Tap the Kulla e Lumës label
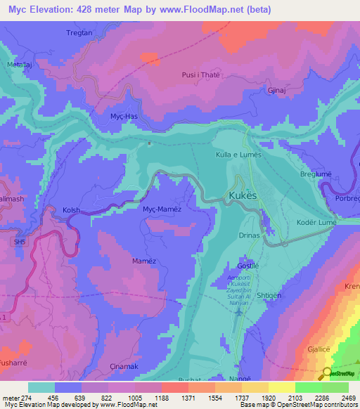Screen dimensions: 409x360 coord(238,154)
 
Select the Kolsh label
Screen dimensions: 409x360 coord(72,210)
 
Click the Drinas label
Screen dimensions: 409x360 coord(249,236)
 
